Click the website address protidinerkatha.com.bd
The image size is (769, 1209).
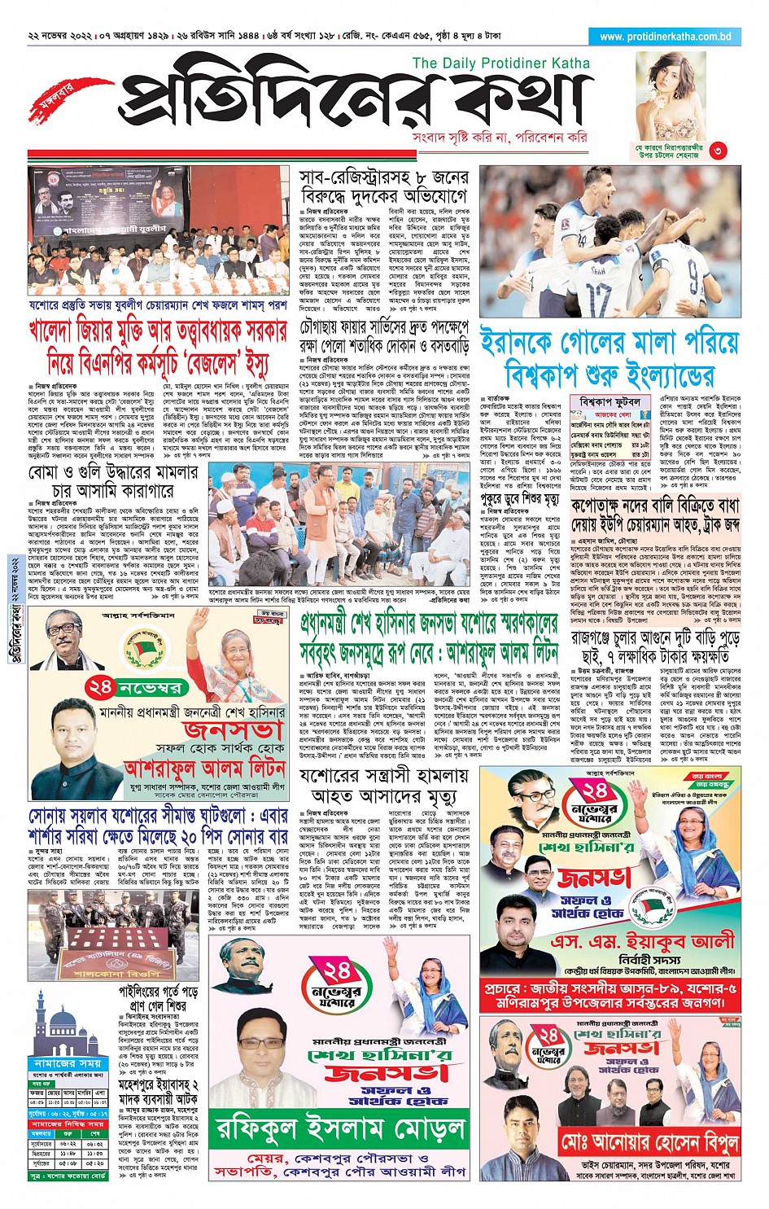coord(666,37)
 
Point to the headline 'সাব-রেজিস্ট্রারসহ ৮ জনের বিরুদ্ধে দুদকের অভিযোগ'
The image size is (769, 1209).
coord(383,186)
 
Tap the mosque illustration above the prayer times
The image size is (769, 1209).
coord(68,1025)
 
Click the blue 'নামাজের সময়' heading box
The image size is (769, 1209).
coord(68,1062)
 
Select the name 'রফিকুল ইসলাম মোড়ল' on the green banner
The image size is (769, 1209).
coord(340,1129)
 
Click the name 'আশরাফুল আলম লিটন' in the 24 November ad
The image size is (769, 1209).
coord(204,767)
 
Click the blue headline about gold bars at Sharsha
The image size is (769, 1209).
coord(158,825)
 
